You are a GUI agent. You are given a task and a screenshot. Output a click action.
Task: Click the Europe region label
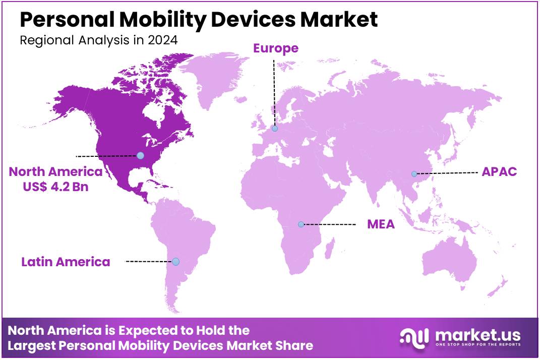point(276,48)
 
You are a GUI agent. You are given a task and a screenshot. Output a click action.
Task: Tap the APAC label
point(499,171)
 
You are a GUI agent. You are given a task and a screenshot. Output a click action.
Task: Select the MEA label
point(381,224)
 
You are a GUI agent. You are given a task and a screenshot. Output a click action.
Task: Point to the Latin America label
point(66,262)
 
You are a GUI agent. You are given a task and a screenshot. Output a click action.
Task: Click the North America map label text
point(55,171)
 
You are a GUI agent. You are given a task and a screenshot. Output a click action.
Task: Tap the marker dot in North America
point(140,155)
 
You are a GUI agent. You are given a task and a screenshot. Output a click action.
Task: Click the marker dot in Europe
point(275,129)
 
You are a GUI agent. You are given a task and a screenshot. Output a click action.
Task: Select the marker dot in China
point(414,173)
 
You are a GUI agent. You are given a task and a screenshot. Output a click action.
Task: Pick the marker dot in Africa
point(301,224)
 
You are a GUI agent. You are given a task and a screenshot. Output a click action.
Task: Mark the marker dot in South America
point(175,262)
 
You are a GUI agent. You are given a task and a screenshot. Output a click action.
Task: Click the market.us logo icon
point(414,336)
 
